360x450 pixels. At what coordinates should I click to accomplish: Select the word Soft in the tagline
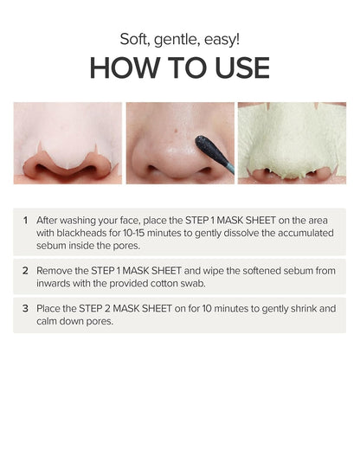point(133,36)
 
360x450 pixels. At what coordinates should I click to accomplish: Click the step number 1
point(24,220)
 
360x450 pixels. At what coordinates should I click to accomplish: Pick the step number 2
point(24,271)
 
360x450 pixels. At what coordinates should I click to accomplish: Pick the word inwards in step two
point(55,283)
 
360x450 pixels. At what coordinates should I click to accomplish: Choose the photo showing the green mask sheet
point(292,143)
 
